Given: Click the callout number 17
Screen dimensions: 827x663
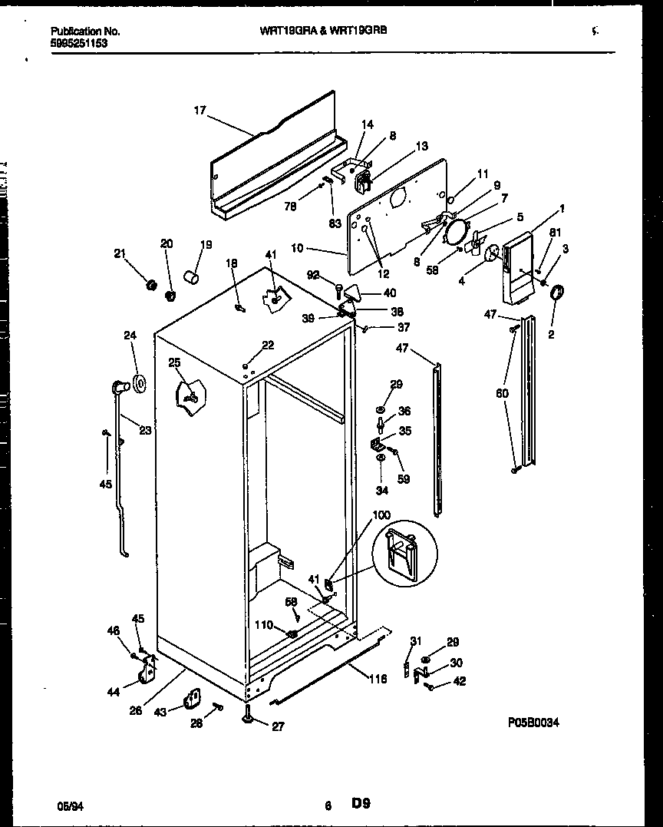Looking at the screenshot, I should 200,111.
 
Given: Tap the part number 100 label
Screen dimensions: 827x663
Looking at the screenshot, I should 381,514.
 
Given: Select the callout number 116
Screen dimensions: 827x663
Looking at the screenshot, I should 377,679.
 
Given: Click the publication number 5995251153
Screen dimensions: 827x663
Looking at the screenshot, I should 79,44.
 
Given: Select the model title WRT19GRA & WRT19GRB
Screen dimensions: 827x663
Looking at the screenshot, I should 310,31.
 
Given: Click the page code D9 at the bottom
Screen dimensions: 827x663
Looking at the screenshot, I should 361,804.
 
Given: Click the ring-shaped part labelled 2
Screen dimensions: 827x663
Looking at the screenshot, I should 557,293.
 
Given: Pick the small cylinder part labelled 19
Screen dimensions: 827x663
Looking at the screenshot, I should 191,275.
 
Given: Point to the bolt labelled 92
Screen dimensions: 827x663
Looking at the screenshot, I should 338,289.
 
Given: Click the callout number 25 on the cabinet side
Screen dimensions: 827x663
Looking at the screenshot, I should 175,362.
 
